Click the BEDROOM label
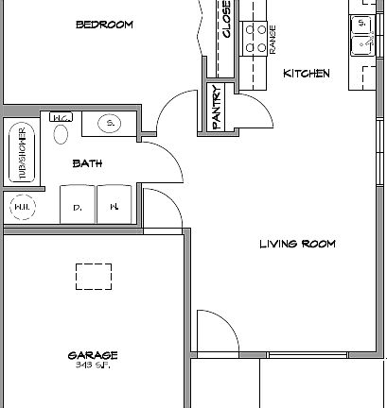(x=104, y=25)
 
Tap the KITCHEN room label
(x=307, y=73)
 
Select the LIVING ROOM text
(x=298, y=244)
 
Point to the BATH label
(x=87, y=163)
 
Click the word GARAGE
(x=93, y=355)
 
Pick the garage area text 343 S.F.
(x=93, y=365)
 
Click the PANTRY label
(x=217, y=109)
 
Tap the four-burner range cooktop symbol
(x=255, y=38)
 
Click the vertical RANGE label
(x=273, y=40)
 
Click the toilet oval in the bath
(x=61, y=130)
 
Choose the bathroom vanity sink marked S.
(x=109, y=124)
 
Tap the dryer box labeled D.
(x=78, y=205)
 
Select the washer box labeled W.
(x=113, y=205)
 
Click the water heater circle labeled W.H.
(x=21, y=205)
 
